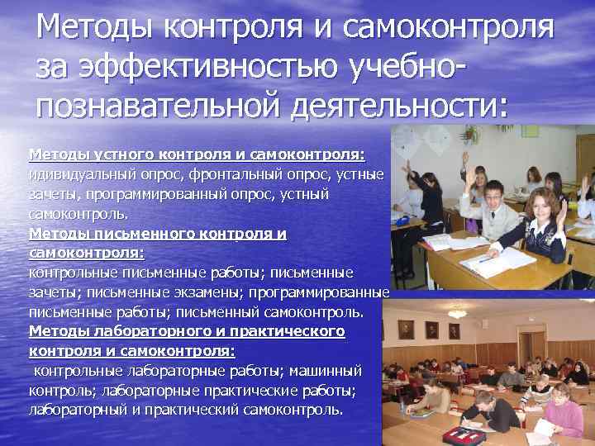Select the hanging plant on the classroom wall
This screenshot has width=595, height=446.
coord(470,132)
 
